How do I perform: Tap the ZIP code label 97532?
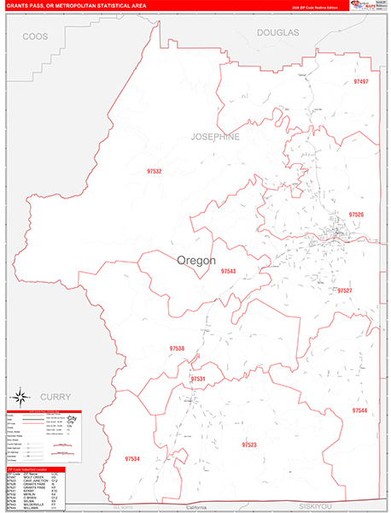click(x=155, y=171)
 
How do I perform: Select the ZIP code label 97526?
click(x=356, y=215)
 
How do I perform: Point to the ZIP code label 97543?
click(x=228, y=271)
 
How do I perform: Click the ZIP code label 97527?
click(x=344, y=291)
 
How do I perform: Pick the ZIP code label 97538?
click(x=177, y=348)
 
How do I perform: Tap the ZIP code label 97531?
click(x=198, y=378)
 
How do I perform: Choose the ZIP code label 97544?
click(x=359, y=411)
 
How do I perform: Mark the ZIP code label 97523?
click(x=249, y=445)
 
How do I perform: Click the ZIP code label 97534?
click(x=131, y=459)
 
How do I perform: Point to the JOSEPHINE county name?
click(x=214, y=137)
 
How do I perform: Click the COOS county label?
click(x=36, y=37)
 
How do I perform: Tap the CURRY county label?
click(x=51, y=396)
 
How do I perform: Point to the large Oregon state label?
click(x=196, y=261)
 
